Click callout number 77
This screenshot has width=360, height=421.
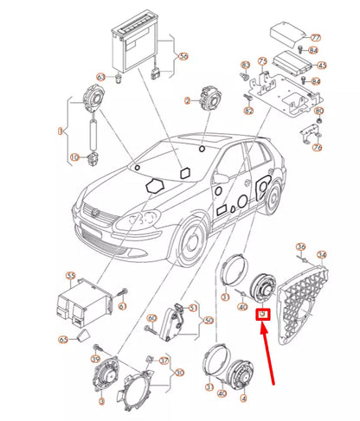coord(315,38)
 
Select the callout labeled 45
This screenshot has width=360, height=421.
coord(322,65)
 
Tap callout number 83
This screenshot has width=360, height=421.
coord(245,65)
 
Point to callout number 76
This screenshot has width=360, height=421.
coord(318,147)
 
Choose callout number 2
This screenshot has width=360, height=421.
coord(186,101)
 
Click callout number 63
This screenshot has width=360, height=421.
coord(101,77)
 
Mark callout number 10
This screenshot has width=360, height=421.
coord(74,156)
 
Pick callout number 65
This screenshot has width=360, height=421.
coord(63,341)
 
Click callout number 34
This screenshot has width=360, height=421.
coord(322,254)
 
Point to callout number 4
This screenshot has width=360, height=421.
coord(243,400)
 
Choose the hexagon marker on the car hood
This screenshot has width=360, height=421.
coord(157,185)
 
